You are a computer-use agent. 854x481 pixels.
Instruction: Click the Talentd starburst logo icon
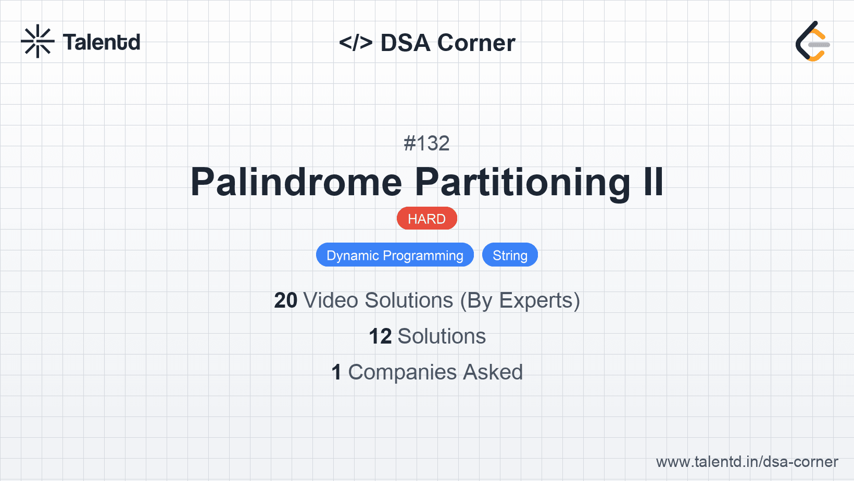[37, 41]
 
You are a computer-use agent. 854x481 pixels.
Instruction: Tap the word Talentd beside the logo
[102, 42]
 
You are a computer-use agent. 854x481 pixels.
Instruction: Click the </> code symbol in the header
[356, 43]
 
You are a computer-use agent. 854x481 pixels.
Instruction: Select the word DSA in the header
[405, 43]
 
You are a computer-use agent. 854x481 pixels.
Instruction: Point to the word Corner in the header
[476, 43]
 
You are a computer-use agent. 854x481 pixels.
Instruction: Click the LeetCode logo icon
[813, 41]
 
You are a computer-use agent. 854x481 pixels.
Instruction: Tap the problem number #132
[426, 143]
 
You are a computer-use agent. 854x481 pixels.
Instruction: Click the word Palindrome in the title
[296, 182]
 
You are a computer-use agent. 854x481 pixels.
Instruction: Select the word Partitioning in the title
[522, 183]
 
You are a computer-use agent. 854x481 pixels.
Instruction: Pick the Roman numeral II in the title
[654, 182]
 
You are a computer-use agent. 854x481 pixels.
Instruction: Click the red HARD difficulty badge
[426, 219]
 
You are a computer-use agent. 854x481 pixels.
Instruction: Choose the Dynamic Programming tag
[395, 255]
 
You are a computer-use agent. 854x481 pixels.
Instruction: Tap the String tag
[510, 255]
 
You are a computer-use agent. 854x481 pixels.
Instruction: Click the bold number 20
[285, 300]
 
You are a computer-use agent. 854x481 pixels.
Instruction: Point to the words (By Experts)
[520, 301]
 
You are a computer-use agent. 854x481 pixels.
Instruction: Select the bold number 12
[380, 337]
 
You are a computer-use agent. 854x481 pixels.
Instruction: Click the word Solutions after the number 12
[442, 337]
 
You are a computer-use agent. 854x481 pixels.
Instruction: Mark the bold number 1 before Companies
[336, 372]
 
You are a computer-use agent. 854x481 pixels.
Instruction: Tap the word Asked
[493, 372]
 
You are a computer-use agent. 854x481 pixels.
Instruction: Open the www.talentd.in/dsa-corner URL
[747, 462]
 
